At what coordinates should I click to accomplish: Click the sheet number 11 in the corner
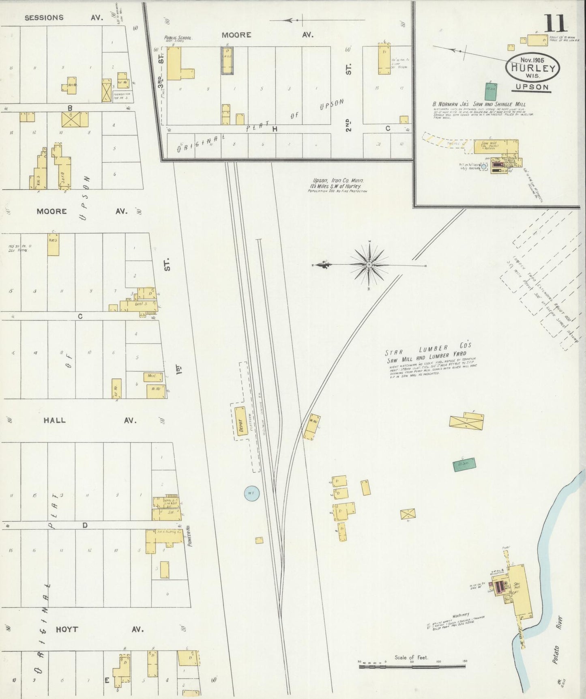(556, 24)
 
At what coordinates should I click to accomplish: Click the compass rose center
(369, 265)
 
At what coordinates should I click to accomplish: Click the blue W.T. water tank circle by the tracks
(251, 493)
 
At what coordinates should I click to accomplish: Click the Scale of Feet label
(411, 657)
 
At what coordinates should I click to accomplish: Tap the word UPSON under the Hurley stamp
(532, 87)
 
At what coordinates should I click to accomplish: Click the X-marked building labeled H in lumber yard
(408, 514)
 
